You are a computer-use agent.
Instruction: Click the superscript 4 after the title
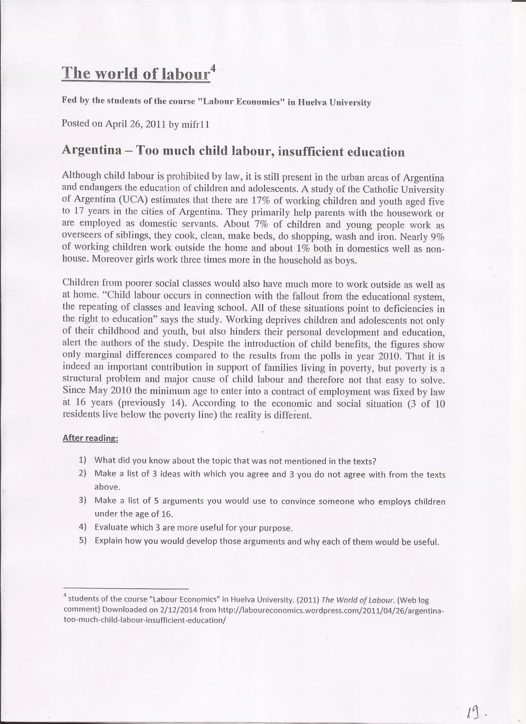click(213, 68)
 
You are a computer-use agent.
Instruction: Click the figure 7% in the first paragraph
click(261, 224)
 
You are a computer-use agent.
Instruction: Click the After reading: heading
click(90, 438)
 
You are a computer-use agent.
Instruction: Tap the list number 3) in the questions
click(83, 500)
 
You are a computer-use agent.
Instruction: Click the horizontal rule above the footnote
click(126, 588)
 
